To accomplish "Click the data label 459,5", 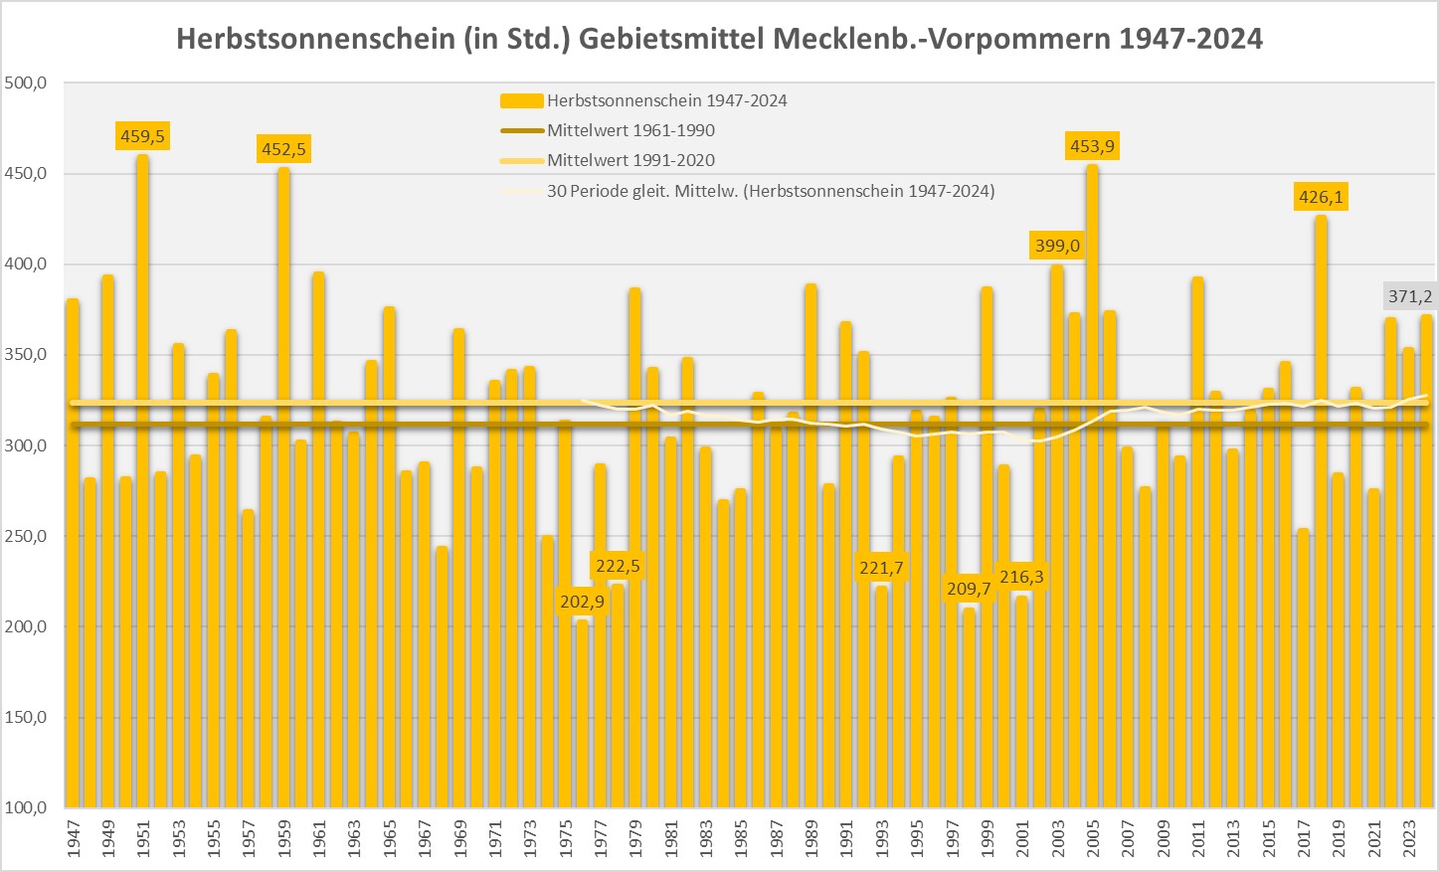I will point(142,136).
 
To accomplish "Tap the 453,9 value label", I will point(1092,147).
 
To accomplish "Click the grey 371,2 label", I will point(1410,296).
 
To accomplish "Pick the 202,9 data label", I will point(582,602).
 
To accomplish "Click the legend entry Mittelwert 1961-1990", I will point(630,130).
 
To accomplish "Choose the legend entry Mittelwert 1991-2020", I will point(630,160).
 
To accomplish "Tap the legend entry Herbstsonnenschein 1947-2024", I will point(666,100).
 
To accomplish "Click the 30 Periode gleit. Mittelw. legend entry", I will point(770,191).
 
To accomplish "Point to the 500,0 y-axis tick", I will point(27,84).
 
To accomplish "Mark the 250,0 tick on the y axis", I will point(27,537).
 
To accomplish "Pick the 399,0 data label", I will point(1057,246).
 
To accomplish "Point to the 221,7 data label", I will point(881,568).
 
